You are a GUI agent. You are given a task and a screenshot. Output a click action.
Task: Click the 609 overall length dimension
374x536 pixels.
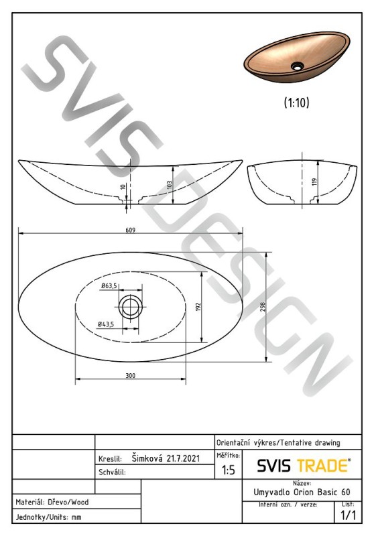pos(130,230)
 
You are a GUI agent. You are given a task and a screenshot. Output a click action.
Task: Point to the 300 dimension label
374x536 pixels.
pos(130,375)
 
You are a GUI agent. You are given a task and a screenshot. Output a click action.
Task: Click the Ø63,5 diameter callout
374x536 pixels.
pos(109,286)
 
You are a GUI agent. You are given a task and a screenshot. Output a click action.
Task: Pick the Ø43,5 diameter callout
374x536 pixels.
pos(106,324)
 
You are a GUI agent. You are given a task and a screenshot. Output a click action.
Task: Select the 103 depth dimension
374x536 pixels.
pos(169,185)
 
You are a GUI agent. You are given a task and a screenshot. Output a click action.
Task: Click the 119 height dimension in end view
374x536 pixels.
pos(314,182)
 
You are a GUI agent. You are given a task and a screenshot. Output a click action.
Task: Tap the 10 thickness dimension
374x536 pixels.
pos(123,187)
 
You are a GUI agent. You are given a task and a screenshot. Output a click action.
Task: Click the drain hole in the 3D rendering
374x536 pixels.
pos(298,66)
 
